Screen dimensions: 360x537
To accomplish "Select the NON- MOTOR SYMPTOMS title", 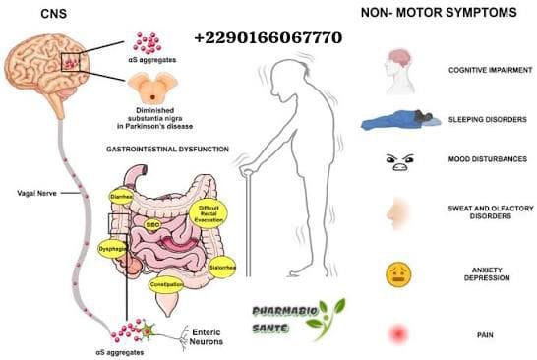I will click(436, 14).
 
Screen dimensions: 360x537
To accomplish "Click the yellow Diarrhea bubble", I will click(120, 196).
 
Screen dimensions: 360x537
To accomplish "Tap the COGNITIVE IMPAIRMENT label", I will click(481, 72).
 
